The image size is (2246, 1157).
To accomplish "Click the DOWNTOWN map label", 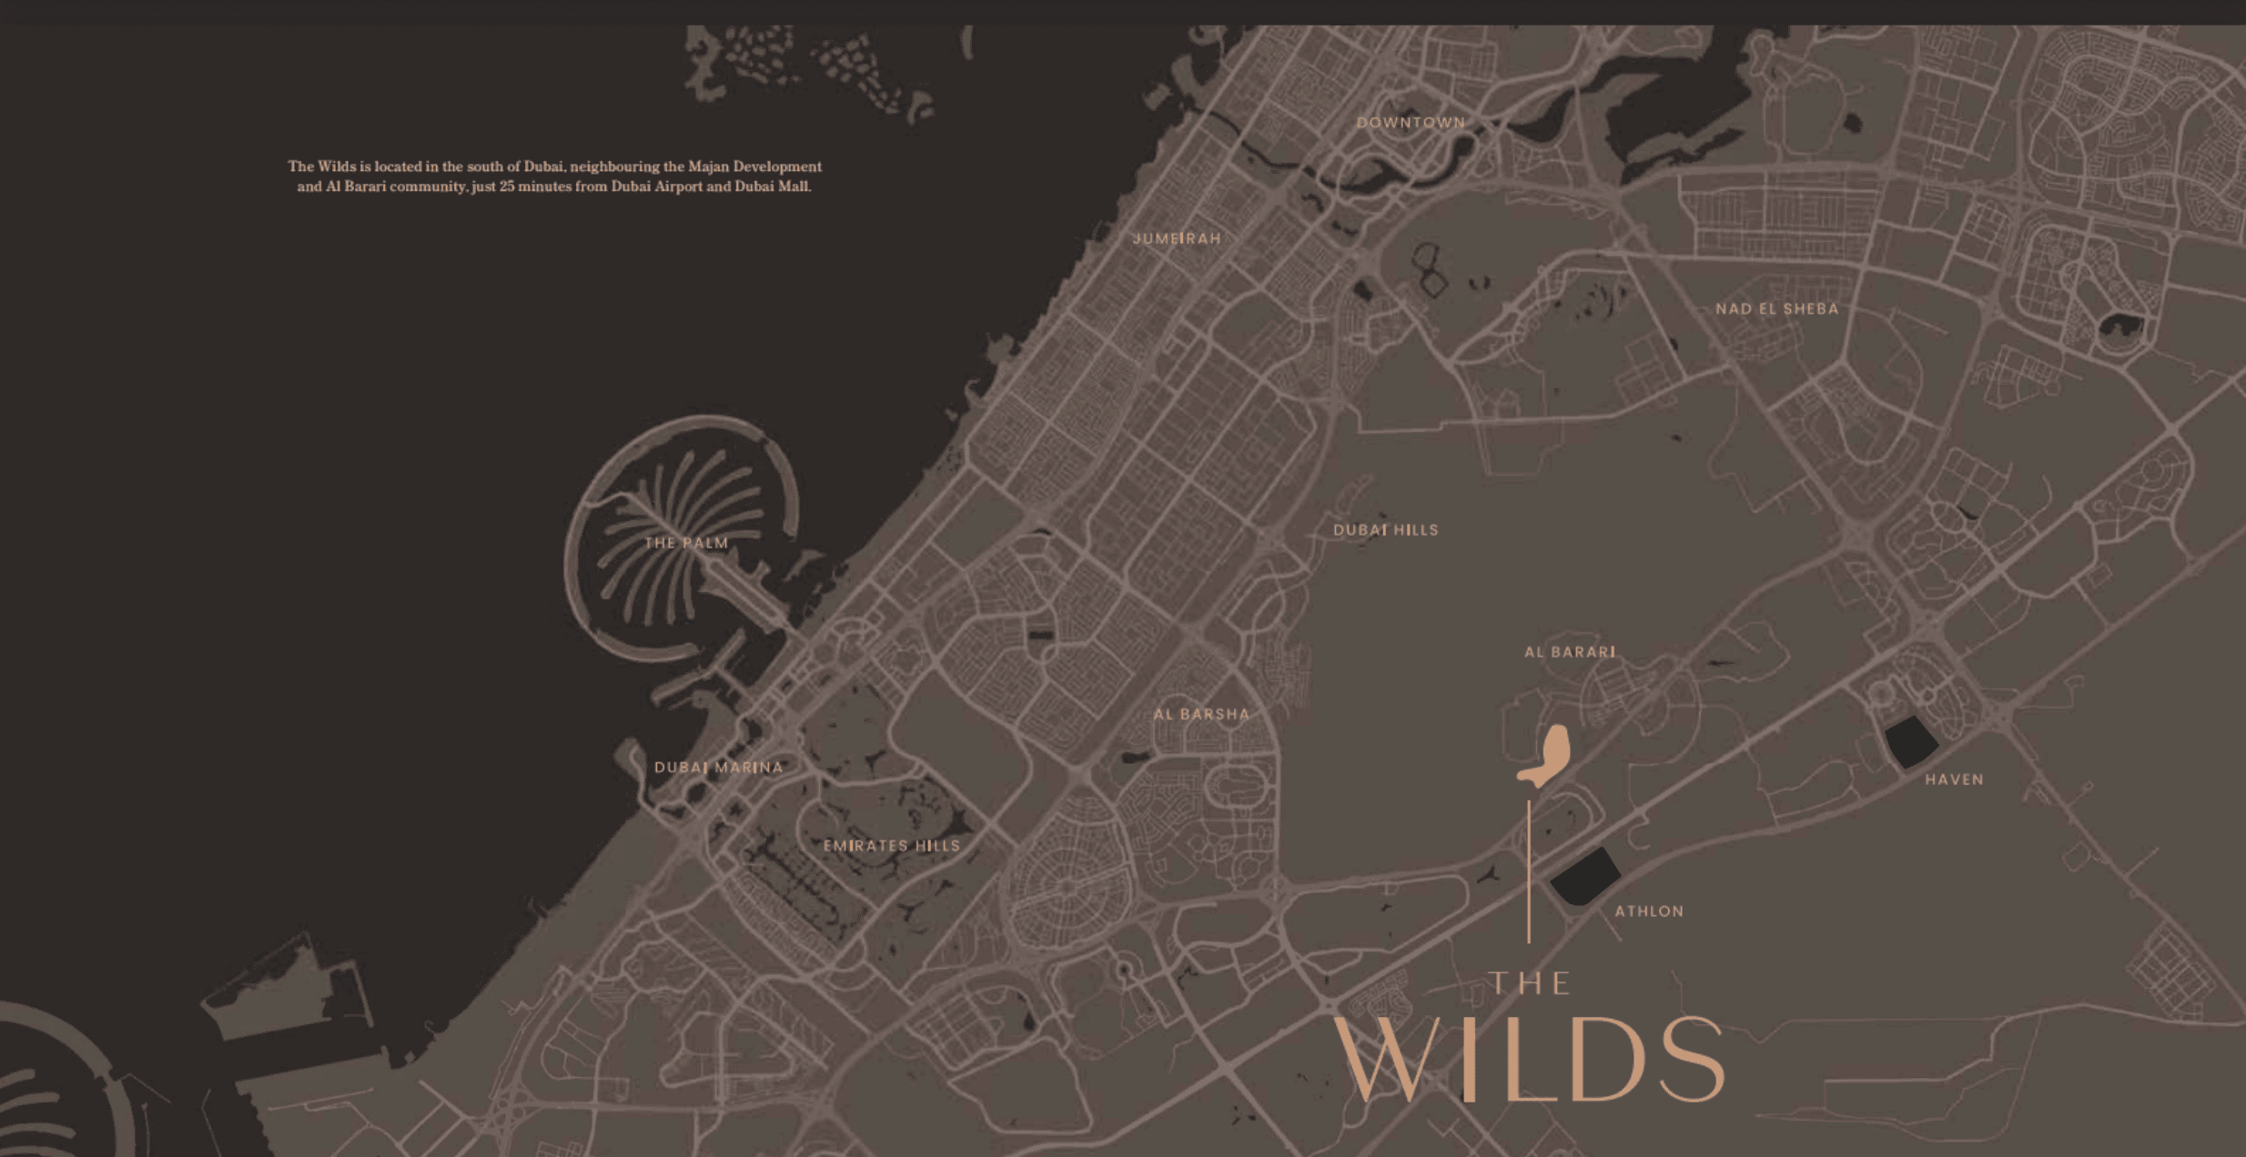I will tap(1411, 123).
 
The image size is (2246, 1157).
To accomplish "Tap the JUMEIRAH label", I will tap(1176, 238).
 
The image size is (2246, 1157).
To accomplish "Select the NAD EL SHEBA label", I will tap(1776, 309).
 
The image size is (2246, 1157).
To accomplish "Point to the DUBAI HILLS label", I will tap(1385, 530).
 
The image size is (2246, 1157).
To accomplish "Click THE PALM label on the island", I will tap(686, 543).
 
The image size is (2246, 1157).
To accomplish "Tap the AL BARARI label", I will tap(1570, 652).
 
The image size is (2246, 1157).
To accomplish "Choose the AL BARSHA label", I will tap(1201, 714).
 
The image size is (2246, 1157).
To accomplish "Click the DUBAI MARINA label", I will tap(718, 768).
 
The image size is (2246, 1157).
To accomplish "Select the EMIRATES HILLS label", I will tap(891, 846).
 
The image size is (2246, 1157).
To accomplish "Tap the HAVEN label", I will tap(1954, 780).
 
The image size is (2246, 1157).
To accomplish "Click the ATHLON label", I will tap(1648, 911).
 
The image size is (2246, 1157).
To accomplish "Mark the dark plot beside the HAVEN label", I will tap(1909, 741).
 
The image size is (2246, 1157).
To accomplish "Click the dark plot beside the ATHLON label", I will tap(1584, 876).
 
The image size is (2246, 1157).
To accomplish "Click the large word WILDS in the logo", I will tap(1529, 1060).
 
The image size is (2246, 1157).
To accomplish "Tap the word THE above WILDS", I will tap(1529, 983).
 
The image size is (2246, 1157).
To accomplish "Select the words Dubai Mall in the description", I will tap(772, 186).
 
